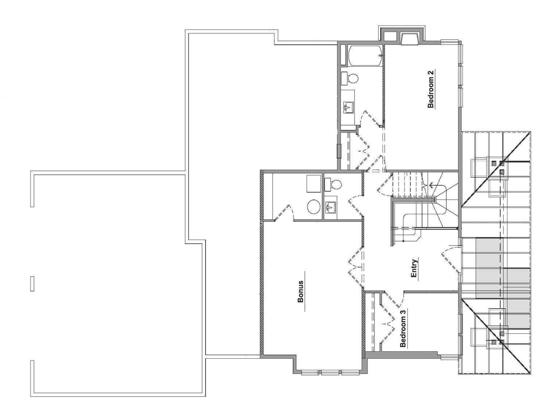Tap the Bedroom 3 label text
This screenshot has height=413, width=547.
tap(403, 329)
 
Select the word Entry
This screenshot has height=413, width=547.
tap(414, 268)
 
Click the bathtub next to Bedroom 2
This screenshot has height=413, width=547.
tap(364, 55)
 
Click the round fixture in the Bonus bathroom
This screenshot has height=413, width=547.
tap(314, 207)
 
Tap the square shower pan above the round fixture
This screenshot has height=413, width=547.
tap(313, 184)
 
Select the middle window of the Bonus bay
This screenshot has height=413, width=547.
tap(330, 372)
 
